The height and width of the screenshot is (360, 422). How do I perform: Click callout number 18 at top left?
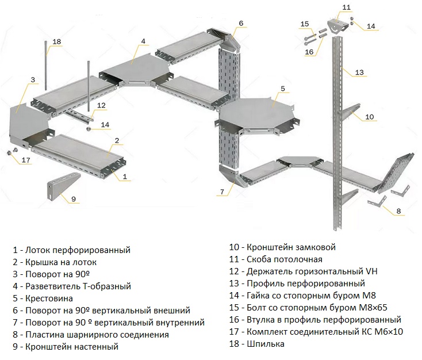coord(56,41)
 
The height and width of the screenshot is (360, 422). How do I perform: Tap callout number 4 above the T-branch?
coord(143,41)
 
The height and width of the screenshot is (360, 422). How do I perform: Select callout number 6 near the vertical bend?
coord(241,23)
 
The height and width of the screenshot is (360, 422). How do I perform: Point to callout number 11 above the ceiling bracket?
coord(346,7)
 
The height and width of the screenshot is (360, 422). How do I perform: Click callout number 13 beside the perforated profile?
coord(359,72)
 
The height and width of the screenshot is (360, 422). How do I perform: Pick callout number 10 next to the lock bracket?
coord(369,117)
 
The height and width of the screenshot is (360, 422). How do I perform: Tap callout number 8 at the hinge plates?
coord(398,212)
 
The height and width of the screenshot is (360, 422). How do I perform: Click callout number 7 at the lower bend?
coord(221,191)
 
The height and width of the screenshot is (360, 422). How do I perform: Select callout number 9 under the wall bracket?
coord(74,199)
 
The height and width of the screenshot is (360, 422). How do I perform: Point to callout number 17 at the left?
coord(25,160)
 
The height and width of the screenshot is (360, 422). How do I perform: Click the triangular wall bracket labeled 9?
coord(60,185)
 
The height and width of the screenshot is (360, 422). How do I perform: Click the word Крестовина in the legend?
coord(49,298)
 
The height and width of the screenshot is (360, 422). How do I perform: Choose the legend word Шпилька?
coord(264,344)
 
